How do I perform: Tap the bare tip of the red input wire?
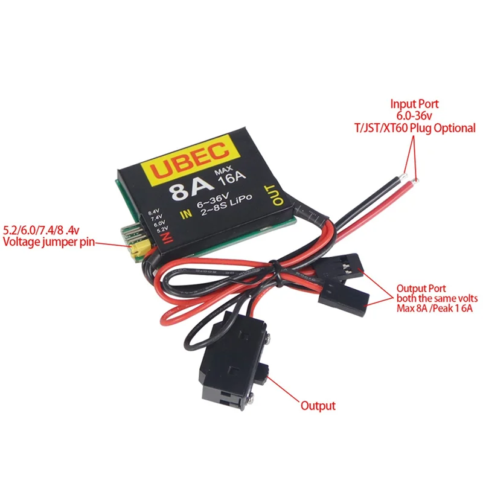point(415,179)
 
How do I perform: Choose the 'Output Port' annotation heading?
point(422,288)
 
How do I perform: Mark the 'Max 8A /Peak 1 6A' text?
point(434,309)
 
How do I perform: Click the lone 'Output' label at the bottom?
point(318,406)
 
